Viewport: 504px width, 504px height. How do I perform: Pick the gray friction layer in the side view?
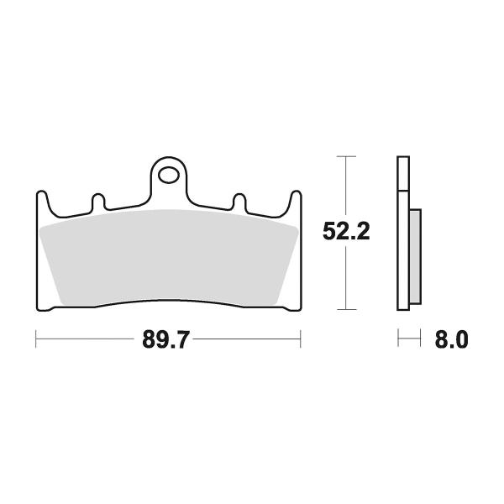(x=415, y=255)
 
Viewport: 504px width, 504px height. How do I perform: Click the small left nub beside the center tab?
(x=98, y=202)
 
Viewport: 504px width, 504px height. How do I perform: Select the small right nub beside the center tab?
(x=239, y=202)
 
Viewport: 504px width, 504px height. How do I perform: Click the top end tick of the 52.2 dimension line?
(x=345, y=156)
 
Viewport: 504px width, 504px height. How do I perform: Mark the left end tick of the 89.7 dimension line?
(x=36, y=340)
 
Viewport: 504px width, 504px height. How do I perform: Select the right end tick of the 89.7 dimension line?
(x=300, y=340)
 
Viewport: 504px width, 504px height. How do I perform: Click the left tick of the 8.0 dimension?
(x=398, y=340)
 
